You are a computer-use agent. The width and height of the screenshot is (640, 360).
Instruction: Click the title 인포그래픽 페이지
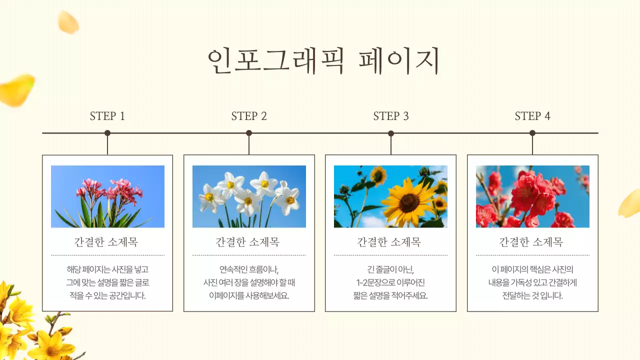[x=323, y=60]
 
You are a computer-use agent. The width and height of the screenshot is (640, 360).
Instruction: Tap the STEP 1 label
[x=107, y=116]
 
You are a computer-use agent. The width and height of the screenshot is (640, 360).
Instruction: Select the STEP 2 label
[x=249, y=116]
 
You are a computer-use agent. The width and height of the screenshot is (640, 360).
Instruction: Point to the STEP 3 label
[x=391, y=116]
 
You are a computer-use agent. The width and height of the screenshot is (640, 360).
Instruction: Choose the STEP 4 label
[x=532, y=116]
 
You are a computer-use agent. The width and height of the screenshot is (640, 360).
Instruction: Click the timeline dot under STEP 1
[x=107, y=133]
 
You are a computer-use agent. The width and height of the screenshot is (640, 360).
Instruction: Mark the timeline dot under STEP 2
[x=249, y=133]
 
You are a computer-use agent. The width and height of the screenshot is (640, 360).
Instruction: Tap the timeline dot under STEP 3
[x=391, y=133]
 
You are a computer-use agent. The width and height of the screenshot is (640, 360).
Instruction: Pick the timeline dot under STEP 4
[x=532, y=133]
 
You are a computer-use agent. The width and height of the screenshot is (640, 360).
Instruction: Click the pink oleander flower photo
[x=107, y=196]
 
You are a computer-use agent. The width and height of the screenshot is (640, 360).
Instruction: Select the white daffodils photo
[x=249, y=196]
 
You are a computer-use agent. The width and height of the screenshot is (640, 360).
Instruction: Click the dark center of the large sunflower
[x=409, y=202]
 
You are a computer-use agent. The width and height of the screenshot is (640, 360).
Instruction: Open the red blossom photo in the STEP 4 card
[x=532, y=196]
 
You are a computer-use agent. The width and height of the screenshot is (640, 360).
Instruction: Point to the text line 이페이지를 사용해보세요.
[x=249, y=295]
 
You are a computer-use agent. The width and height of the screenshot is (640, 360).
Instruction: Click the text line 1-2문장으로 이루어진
[x=391, y=282]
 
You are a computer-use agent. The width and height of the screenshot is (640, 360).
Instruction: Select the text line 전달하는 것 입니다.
[x=532, y=295]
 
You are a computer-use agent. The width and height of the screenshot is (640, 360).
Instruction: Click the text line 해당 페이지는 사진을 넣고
[x=107, y=269]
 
